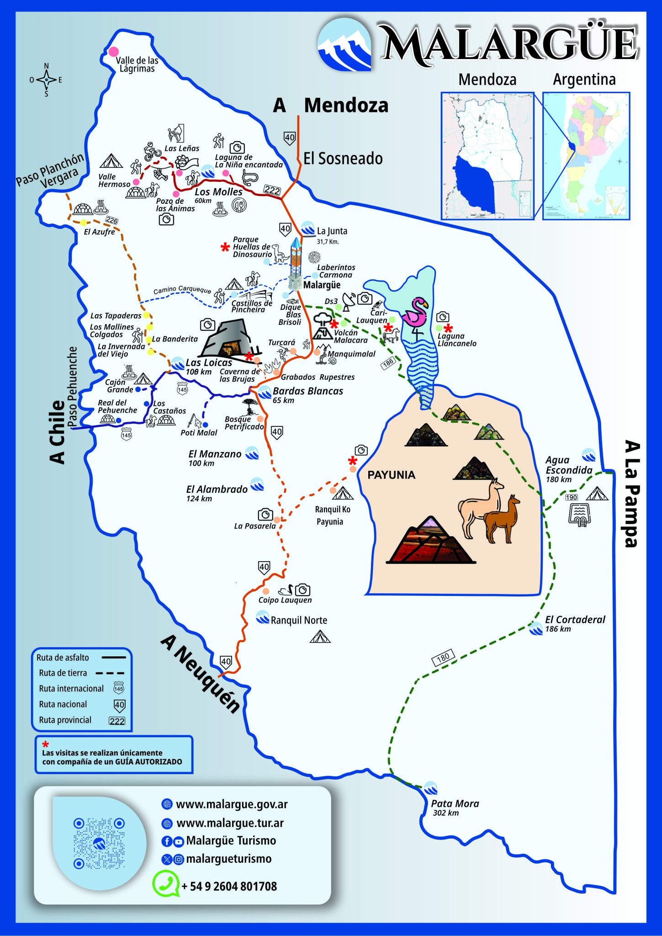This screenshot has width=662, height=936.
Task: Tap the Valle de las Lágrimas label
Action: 137,64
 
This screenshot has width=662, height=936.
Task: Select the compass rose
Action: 46,80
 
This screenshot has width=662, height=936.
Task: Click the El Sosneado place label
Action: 343,159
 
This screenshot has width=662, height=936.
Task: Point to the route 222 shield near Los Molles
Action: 272,190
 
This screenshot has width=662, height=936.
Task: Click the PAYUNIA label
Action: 391,475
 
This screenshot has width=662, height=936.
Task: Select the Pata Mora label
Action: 455,803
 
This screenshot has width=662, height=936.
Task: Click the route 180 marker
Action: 443,658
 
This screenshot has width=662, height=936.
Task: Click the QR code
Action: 99,843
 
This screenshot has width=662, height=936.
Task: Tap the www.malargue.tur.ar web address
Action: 230,823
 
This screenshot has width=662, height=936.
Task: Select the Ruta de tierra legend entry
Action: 63,673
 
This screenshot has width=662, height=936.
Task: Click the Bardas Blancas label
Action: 307,391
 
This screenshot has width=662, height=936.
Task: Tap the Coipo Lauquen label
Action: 285,600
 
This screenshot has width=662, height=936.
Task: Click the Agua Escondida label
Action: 568,465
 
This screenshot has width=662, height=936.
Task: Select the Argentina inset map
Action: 586,156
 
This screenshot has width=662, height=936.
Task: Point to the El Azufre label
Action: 99,232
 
